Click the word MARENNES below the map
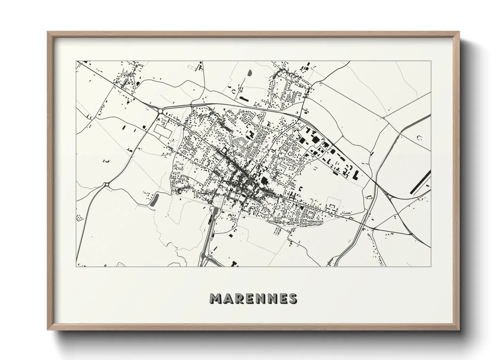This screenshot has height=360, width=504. (253, 298)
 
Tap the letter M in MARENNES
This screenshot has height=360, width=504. (216, 298)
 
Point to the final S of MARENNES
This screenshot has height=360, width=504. (292, 298)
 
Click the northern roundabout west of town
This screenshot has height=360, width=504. (160, 111)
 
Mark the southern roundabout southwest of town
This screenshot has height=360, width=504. (107, 185)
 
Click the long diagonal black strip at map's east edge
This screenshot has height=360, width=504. (421, 182)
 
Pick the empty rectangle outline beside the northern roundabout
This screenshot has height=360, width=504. (161, 130)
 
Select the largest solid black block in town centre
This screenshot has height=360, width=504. (264, 180)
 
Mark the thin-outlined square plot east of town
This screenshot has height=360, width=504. (334, 203)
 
